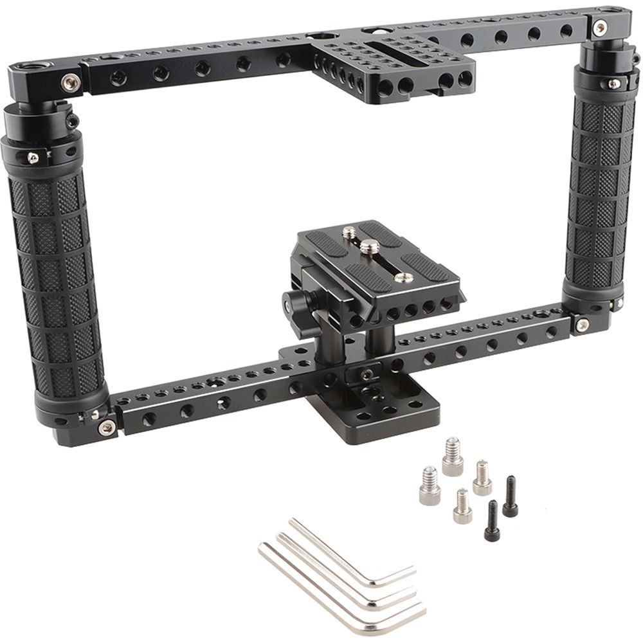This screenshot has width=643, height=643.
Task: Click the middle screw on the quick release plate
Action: pos(368,247)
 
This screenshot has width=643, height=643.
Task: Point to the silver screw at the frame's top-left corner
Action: pos(69,81)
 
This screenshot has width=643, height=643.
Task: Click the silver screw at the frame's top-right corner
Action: pos(601,26)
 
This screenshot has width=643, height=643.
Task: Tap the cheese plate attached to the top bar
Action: pos(399,64)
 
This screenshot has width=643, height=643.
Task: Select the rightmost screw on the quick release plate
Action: pos(404,277)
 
